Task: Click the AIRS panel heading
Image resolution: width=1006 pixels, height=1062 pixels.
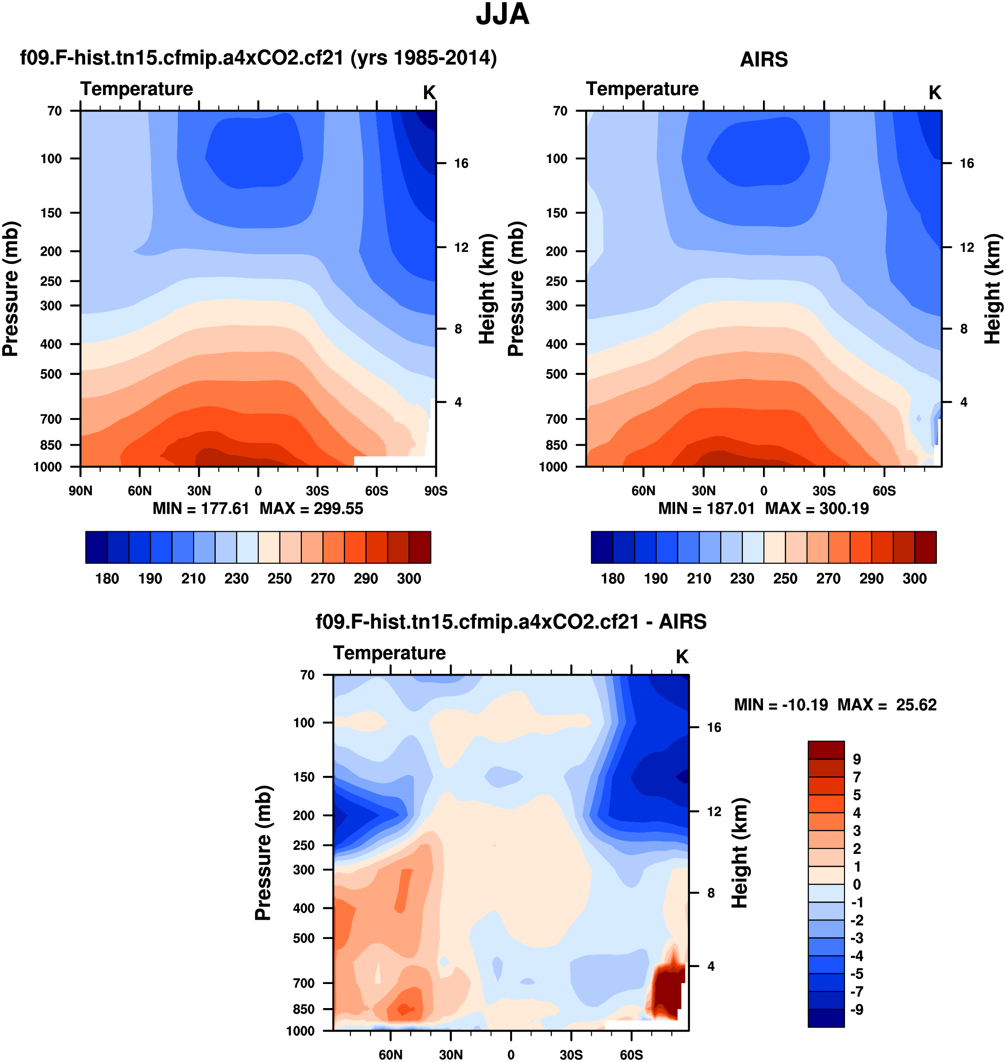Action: (763, 59)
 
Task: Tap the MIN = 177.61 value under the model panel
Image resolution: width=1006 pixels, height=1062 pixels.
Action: (201, 508)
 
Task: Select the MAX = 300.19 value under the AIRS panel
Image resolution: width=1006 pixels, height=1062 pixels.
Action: (816, 508)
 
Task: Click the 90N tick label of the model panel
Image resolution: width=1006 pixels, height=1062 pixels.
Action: (80, 491)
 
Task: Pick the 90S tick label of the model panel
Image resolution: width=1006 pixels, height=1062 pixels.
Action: (435, 491)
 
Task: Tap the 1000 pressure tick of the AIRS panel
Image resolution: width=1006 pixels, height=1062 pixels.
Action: (552, 467)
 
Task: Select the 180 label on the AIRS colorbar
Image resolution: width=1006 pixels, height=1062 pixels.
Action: (612, 579)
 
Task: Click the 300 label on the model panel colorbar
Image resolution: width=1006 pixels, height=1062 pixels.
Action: (408, 579)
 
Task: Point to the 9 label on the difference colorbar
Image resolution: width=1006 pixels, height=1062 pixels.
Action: (856, 759)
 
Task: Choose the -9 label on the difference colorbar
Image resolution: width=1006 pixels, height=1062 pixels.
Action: (856, 1009)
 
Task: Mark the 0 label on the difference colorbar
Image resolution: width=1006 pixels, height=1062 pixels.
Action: (856, 885)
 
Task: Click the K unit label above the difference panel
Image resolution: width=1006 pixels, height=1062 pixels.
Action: (681, 657)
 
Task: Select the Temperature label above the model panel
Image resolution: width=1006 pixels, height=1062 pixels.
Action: (137, 89)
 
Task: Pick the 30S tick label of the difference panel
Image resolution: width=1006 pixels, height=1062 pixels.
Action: (571, 1054)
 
